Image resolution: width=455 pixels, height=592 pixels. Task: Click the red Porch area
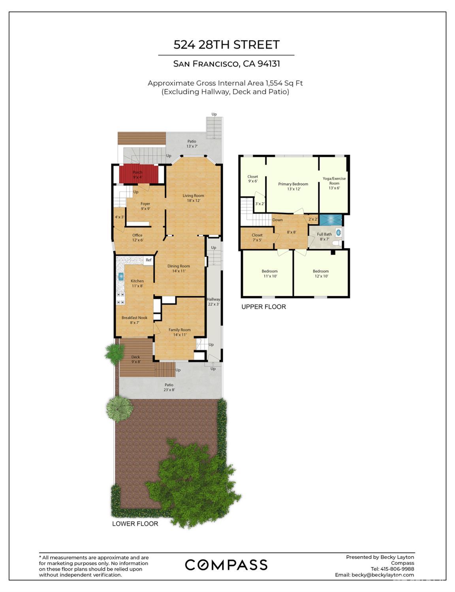pos(137,174)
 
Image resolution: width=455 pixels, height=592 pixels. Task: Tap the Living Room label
pos(193,198)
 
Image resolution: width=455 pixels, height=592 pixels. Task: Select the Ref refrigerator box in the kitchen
pos(149,260)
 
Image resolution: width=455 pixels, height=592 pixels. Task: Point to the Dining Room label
pos(179,269)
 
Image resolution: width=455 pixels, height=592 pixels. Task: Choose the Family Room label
pos(179,332)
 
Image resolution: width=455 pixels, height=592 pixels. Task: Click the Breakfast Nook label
pos(134,320)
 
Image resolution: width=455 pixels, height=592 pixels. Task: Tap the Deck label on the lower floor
pos(135,359)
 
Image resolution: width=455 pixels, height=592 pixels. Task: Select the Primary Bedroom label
pos(293,186)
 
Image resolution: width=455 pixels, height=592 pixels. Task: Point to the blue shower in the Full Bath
pos(331,220)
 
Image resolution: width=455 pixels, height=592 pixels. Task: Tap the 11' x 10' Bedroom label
pos(269,273)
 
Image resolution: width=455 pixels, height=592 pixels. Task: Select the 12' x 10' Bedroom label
pos(320,273)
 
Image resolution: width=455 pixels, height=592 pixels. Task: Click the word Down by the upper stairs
pos(277,220)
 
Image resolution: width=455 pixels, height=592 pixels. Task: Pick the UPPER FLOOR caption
pos(263,307)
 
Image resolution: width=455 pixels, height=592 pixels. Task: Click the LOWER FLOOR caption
pos(135,524)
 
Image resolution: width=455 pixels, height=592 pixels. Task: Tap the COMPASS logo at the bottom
pos(226,565)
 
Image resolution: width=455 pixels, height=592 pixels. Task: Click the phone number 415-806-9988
pos(397,569)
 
